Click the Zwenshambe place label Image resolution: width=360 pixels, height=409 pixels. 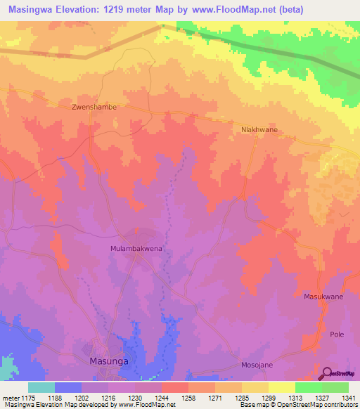click(94, 108)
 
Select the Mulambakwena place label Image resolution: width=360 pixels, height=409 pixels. click(138, 249)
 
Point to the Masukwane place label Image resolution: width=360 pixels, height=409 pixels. click(323, 297)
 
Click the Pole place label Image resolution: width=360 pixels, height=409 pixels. click(337, 335)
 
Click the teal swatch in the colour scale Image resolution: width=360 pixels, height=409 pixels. click(41, 387)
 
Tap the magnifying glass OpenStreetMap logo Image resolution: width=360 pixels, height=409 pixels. click(327, 372)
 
